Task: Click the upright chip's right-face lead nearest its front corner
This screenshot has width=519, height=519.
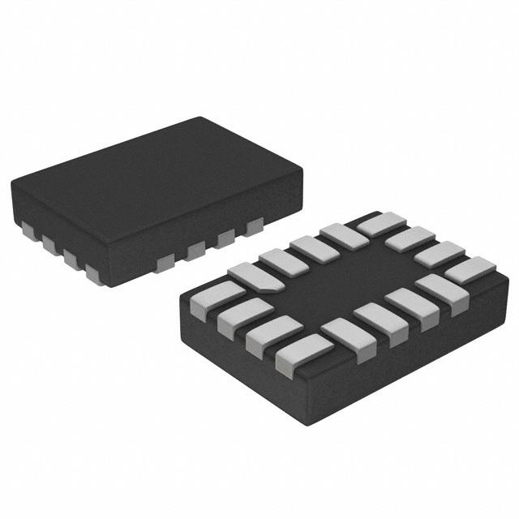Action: pos(166,261)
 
